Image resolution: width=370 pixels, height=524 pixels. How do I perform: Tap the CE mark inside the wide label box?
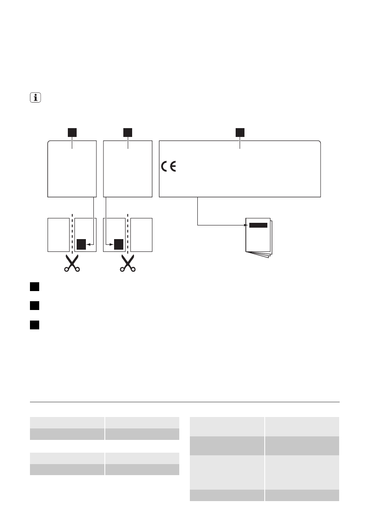(168, 167)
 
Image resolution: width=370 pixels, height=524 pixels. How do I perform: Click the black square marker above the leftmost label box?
(71, 132)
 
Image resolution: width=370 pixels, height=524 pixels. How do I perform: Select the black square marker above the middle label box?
(128, 132)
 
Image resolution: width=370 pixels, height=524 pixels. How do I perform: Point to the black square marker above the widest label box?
(240, 132)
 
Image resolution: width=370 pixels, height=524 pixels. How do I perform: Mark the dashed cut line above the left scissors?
(71, 233)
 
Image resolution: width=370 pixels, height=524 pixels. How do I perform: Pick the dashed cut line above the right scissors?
(128, 233)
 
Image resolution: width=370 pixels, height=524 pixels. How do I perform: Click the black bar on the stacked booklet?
(258, 225)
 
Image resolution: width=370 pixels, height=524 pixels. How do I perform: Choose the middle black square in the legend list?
(35, 305)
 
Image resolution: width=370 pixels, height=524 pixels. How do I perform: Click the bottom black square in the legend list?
(35, 325)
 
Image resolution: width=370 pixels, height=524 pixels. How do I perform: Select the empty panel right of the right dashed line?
(142, 235)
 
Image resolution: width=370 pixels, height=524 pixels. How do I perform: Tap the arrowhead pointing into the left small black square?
(89, 244)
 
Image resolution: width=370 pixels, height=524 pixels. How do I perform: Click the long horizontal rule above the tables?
(185, 402)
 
